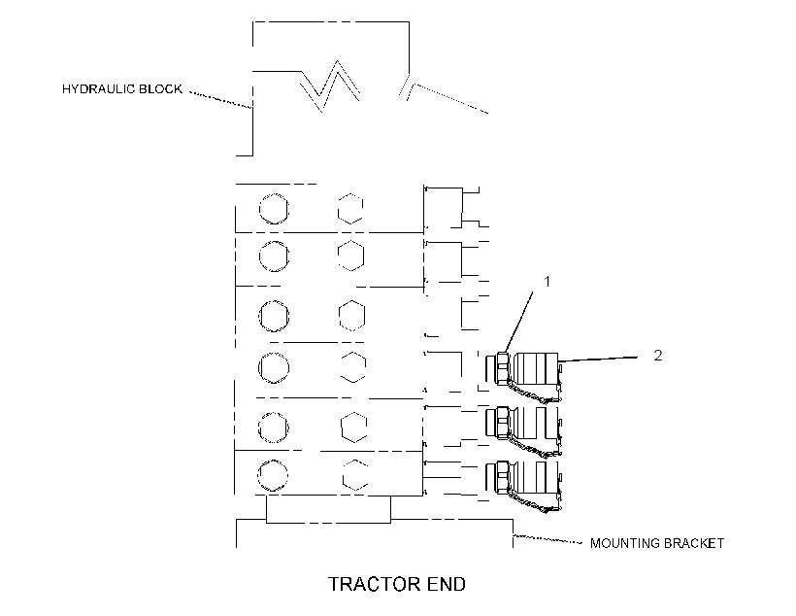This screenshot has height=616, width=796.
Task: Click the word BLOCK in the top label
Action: pos(160,89)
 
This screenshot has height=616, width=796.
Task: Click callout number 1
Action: pos(547,281)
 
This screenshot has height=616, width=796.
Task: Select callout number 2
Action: pos(658,356)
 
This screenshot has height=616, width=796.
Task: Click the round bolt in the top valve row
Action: pos(274,208)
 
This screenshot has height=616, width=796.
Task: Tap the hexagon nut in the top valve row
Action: pos(350,208)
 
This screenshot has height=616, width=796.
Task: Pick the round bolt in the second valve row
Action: pos(274,256)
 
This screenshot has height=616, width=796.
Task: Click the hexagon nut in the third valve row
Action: pos(351,316)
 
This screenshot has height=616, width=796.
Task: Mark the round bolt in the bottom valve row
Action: pos(273,475)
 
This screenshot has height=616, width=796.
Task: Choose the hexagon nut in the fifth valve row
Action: pos(354,427)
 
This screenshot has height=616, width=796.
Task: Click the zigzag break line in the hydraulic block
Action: pos(330,86)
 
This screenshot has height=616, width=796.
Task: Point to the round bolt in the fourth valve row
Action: pos(274,367)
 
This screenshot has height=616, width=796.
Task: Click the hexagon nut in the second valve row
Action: pos(350,256)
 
